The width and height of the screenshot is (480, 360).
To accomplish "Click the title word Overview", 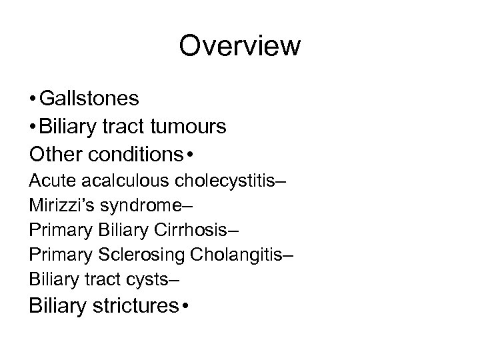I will click(x=240, y=47).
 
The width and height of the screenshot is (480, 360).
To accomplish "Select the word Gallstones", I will click(x=89, y=99).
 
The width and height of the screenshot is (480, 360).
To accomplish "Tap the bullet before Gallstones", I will click(x=33, y=99).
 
